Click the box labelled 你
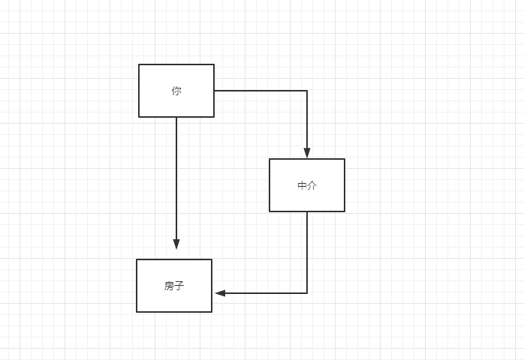pyautogui.click(x=176, y=91)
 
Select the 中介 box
pyautogui.click(x=307, y=185)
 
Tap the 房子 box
pyautogui.click(x=174, y=286)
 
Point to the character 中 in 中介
pyautogui.click(x=303, y=186)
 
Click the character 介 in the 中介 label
pyautogui.click(x=312, y=186)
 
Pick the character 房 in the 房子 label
pyautogui.click(x=170, y=286)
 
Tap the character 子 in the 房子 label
pyautogui.click(x=179, y=286)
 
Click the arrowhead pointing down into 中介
pyautogui.click(x=307, y=153)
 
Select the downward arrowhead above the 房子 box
pyautogui.click(x=176, y=244)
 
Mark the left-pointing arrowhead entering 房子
pyautogui.click(x=220, y=293)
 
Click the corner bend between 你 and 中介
pyautogui.click(x=307, y=91)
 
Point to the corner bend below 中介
pyautogui.click(x=307, y=293)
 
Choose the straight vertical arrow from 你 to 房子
pyautogui.click(x=176, y=180)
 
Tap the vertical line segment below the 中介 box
pyautogui.click(x=307, y=252)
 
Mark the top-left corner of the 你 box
pyautogui.click(x=139, y=64)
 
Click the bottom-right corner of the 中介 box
pyautogui.click(x=345, y=211)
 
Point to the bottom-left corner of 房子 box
pyautogui.click(x=137, y=312)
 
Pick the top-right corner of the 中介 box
pyautogui.click(x=345, y=159)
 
